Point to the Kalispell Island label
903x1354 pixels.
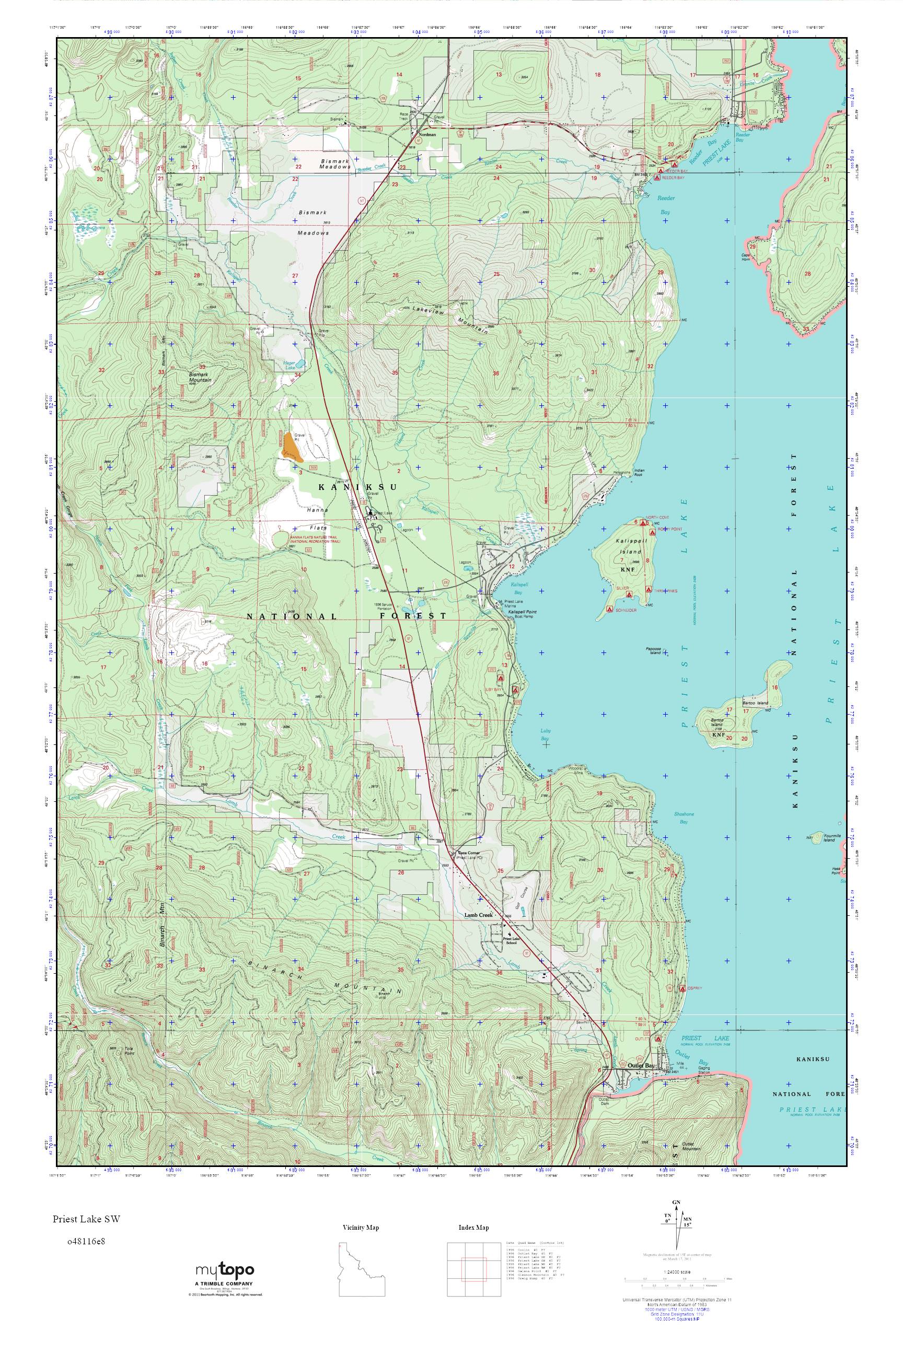[631, 546]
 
